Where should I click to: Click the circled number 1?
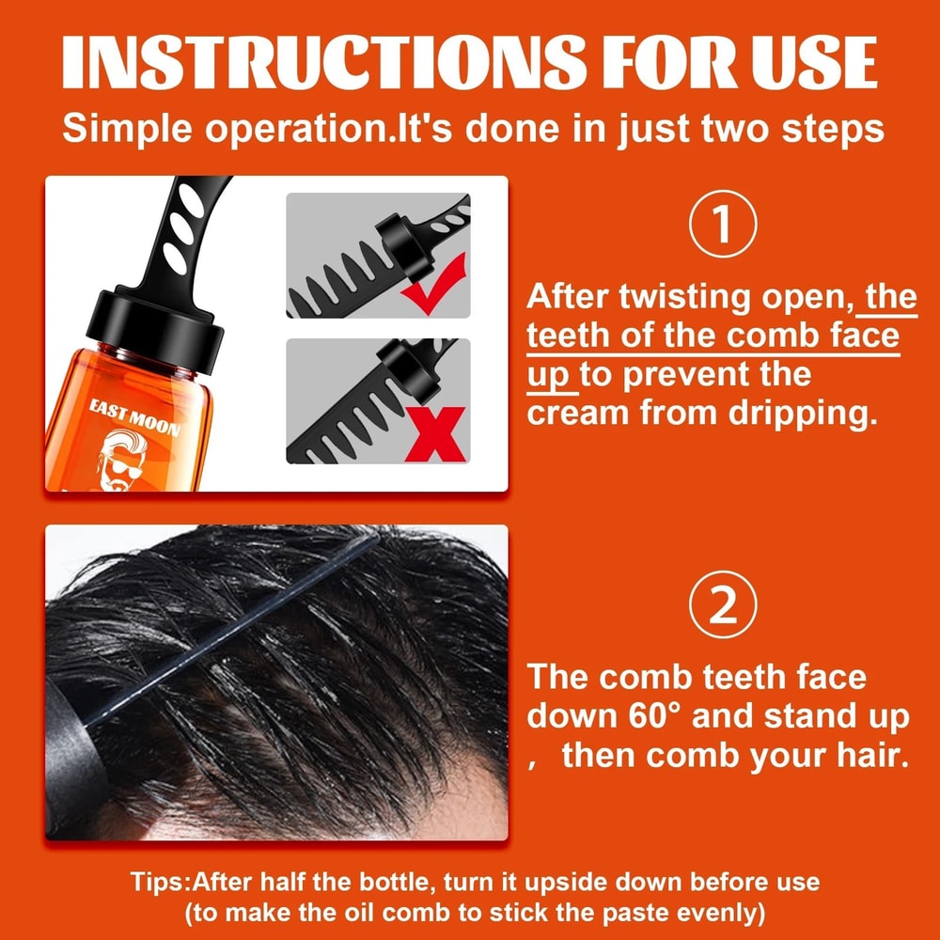coord(721,226)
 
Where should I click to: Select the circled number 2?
coord(721,608)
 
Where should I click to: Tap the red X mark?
coord(433,433)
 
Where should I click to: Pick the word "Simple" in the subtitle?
coord(126,128)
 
